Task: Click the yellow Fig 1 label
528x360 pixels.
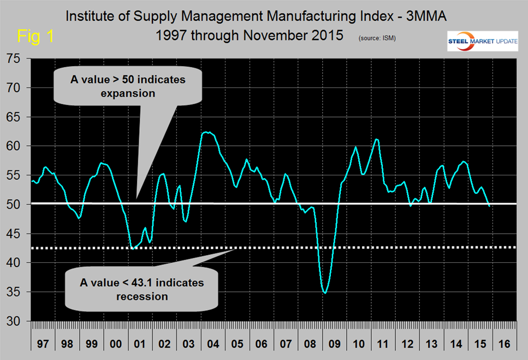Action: pos(36,37)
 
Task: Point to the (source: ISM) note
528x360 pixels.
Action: pos(377,38)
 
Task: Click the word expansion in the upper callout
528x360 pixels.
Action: pos(128,93)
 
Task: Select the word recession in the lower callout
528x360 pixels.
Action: pos(143,297)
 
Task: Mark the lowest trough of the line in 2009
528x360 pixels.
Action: pos(325,293)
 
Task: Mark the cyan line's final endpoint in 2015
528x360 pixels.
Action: pos(489,206)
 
